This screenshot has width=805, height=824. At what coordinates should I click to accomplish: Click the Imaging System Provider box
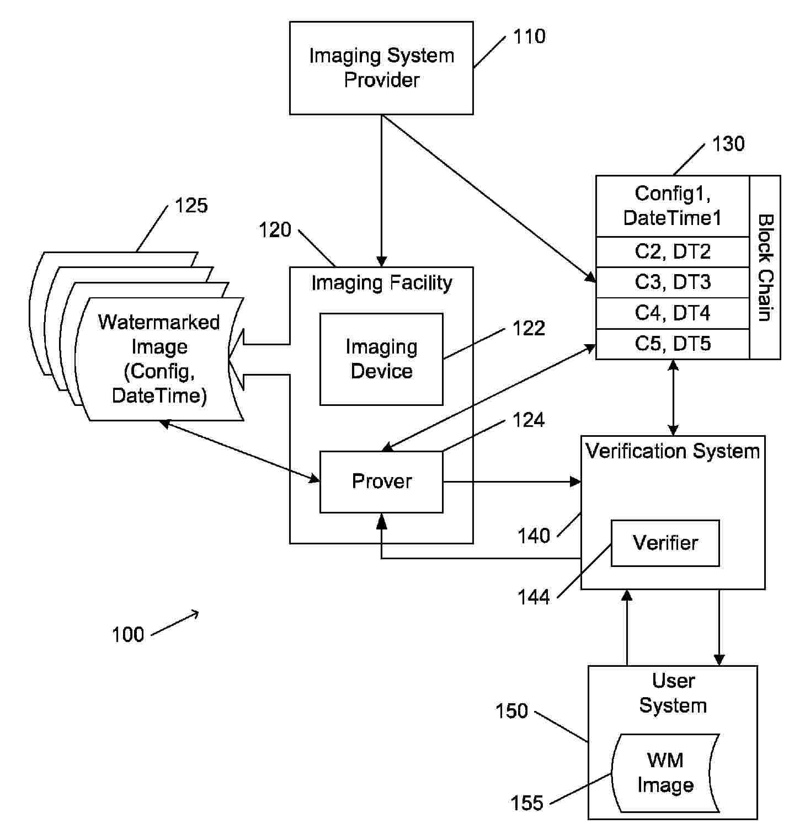[x=381, y=68]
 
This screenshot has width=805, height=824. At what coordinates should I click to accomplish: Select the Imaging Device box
[x=381, y=359]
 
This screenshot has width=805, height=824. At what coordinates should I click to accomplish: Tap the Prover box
[x=381, y=481]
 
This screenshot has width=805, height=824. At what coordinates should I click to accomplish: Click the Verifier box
[x=665, y=543]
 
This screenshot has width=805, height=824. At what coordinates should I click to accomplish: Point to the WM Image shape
[x=665, y=773]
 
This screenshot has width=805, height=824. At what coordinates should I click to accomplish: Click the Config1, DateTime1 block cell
[x=672, y=206]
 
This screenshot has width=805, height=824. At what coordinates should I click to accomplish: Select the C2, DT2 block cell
[x=672, y=252]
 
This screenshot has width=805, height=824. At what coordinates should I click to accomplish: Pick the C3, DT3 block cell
[x=672, y=282]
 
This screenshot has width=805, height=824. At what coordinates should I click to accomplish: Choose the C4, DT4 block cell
[x=672, y=313]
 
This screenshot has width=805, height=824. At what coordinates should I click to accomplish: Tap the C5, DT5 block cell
[x=672, y=344]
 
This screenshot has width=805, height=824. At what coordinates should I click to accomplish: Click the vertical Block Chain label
[x=765, y=267]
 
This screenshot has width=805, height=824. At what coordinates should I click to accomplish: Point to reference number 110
[x=529, y=36]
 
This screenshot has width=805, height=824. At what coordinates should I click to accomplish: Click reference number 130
[x=728, y=144]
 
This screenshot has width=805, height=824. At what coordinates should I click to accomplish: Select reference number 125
[x=191, y=206]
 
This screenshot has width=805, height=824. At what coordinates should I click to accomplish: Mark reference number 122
[x=529, y=328]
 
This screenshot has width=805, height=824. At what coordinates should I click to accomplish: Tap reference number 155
[x=527, y=803]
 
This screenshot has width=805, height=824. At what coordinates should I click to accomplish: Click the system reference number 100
[x=127, y=635]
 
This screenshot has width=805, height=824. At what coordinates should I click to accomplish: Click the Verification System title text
[x=673, y=451]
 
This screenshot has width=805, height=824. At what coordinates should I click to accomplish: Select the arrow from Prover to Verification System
[x=511, y=482]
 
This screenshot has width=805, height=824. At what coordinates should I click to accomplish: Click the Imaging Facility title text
[x=381, y=283]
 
